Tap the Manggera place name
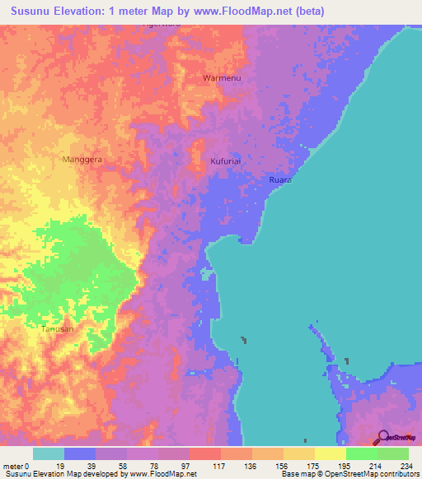click(x=82, y=160)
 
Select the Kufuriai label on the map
click(x=225, y=161)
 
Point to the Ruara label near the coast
click(x=280, y=179)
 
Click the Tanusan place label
click(x=57, y=329)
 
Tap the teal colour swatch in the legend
click(x=49, y=453)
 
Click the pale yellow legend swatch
click(x=330, y=453)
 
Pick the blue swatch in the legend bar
click(x=80, y=453)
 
